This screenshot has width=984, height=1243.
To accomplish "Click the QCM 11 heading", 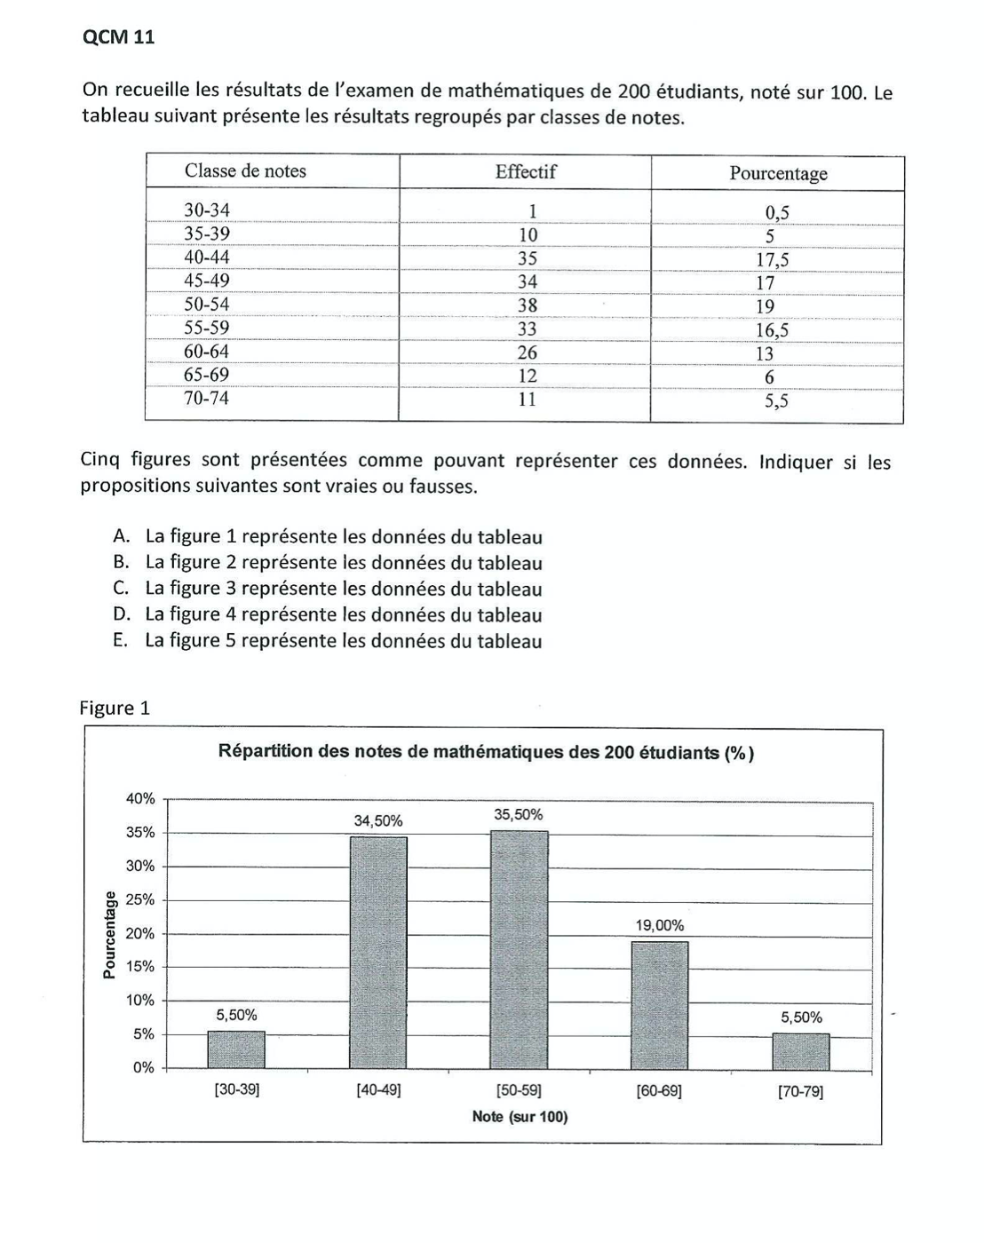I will pyautogui.click(x=118, y=37).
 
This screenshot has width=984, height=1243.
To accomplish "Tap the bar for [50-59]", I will pyautogui.click(x=519, y=949).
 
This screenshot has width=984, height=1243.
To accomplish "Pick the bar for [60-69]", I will pyautogui.click(x=659, y=1005).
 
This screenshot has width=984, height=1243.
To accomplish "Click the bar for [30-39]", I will pyautogui.click(x=236, y=1049).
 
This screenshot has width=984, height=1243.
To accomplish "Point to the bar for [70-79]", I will pyautogui.click(x=801, y=1051).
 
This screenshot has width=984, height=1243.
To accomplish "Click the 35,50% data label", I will pyautogui.click(x=519, y=815).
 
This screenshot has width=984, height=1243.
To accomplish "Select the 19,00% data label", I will pyautogui.click(x=659, y=926).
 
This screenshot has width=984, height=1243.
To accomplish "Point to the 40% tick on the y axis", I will pyautogui.click(x=140, y=799).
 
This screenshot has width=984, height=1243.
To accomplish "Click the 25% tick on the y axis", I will pyautogui.click(x=140, y=900).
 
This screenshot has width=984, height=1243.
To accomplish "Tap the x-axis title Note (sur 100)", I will pyautogui.click(x=520, y=1117).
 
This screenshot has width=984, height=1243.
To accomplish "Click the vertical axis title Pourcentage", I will pyautogui.click(x=109, y=934).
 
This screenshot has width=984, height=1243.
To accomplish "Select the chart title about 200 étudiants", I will pyautogui.click(x=486, y=753).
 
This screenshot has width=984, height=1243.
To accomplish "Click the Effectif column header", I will pyautogui.click(x=526, y=172).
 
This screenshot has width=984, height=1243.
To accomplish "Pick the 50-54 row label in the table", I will pyautogui.click(x=206, y=305).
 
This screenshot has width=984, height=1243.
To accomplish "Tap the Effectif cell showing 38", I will pyautogui.click(x=528, y=305).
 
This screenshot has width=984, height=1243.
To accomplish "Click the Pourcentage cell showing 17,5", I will pyautogui.click(x=773, y=260).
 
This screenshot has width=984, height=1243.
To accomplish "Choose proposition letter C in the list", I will pyautogui.click(x=121, y=588).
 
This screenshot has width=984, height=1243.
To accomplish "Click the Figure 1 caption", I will pyautogui.click(x=115, y=708).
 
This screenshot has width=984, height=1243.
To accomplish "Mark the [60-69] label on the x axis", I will pyautogui.click(x=659, y=1091).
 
